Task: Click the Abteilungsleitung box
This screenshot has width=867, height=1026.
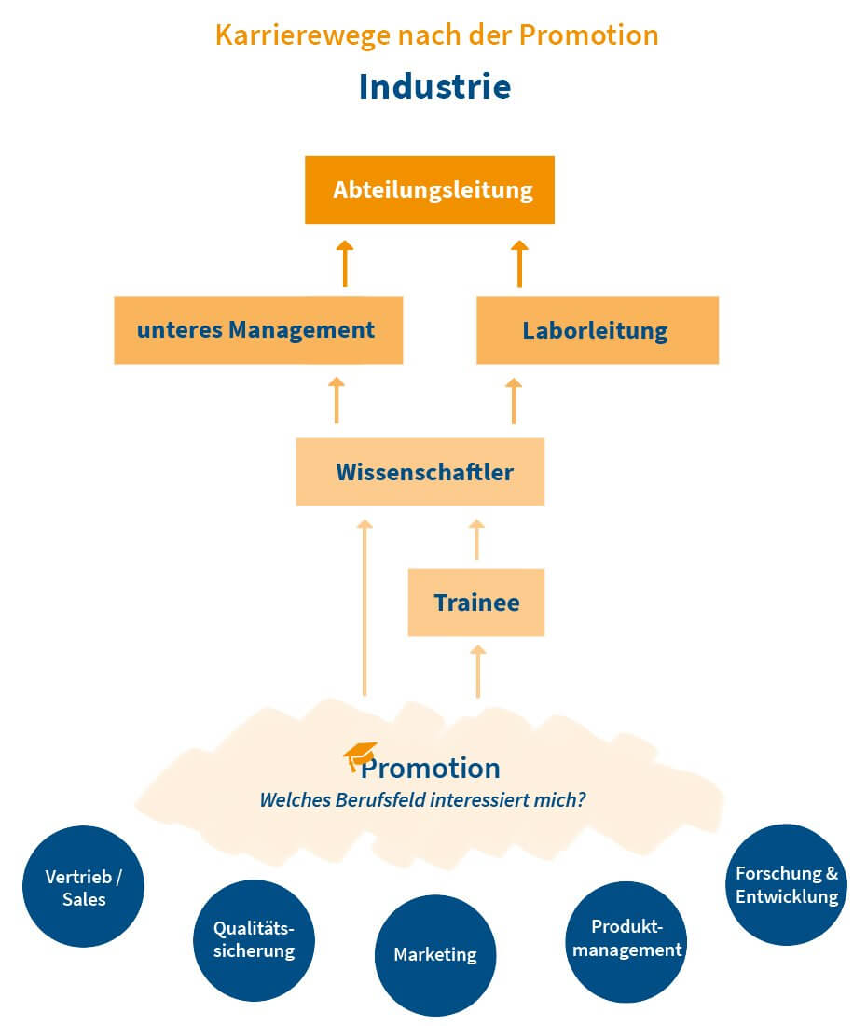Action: [x=430, y=190]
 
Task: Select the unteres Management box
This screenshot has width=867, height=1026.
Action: [x=258, y=330]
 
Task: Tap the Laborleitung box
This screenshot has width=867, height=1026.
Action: [x=597, y=330]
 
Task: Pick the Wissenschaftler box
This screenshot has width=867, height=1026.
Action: [x=420, y=472]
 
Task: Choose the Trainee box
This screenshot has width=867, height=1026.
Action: [x=476, y=603]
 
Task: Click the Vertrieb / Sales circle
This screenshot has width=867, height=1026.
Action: [x=84, y=886]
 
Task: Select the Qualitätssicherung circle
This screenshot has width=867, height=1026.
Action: [x=255, y=939]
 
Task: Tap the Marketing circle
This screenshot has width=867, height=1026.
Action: [x=435, y=955]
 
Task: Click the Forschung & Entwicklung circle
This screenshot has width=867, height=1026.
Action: [x=786, y=884]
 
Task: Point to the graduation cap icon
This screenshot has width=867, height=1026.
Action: [x=360, y=756]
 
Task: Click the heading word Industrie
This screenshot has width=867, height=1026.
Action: [x=434, y=87]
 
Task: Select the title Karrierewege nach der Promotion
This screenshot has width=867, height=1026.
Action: [x=436, y=35]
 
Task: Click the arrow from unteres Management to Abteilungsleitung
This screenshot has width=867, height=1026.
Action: [x=344, y=262]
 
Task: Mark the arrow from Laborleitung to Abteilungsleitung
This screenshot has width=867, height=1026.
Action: [x=519, y=262]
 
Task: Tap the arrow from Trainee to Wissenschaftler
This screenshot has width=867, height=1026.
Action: [x=476, y=539]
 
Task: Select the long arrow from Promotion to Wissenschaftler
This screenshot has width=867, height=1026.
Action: [x=365, y=606]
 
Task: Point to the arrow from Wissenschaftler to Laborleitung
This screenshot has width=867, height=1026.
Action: [x=513, y=400]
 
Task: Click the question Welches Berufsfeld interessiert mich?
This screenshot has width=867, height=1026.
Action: [x=422, y=800]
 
